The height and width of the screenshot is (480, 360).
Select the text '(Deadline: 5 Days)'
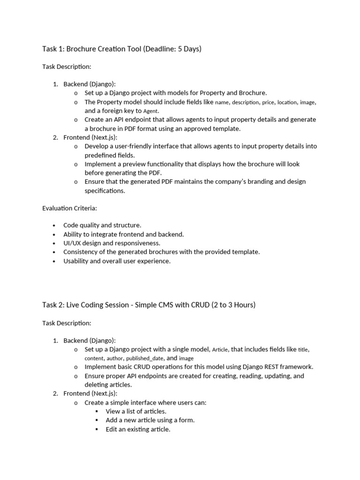tap(177, 48)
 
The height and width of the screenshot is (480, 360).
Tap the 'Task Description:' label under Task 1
tap(67, 67)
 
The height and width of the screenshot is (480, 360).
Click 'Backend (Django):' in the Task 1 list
tap(89, 84)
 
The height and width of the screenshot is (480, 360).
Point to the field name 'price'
tap(268, 102)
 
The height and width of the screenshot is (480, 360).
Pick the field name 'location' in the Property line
tap(287, 102)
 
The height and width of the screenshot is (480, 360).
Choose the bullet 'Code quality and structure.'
tap(102, 225)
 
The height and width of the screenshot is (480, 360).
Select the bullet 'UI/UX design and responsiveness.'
tap(112, 243)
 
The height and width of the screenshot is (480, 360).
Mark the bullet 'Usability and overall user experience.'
tap(117, 261)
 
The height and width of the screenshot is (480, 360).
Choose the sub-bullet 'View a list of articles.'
tap(136, 411)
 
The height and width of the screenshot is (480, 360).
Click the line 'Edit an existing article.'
tap(138, 429)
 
